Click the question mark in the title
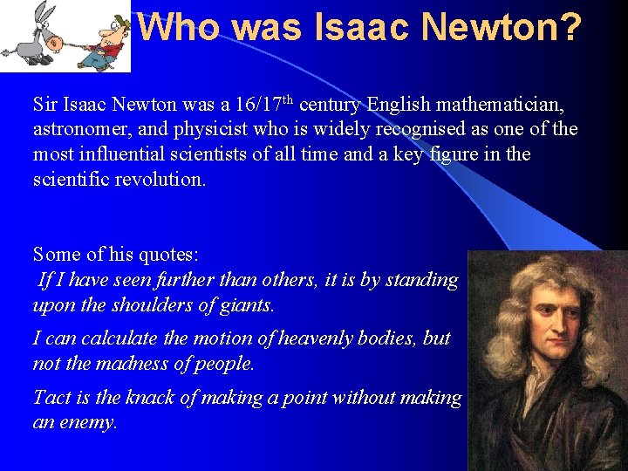click(x=568, y=28)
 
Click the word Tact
click(x=51, y=398)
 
